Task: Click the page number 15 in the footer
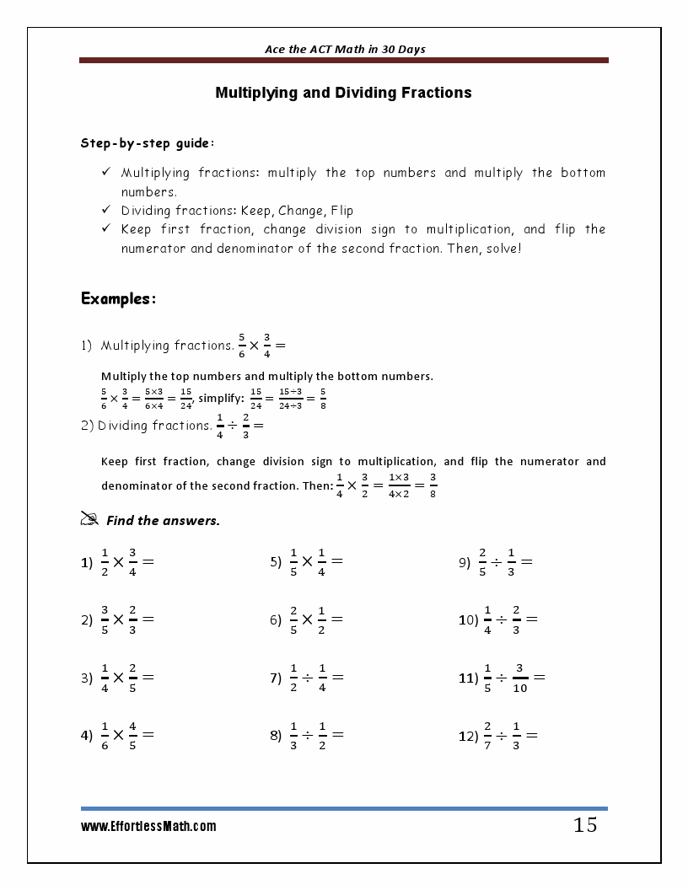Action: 585,825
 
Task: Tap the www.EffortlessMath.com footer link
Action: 148,827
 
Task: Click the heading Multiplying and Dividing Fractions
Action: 343,93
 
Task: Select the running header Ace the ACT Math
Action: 344,49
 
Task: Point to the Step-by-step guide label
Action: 147,143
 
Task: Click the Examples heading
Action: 118,299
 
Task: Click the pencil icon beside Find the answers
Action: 89,520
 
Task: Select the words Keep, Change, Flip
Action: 298,211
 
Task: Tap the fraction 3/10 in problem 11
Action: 520,677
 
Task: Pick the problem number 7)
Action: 276,678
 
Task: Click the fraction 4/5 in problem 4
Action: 133,735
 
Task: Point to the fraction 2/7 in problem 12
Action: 487,735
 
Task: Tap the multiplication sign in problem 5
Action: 307,561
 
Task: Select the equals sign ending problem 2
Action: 148,619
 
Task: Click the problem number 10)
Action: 468,619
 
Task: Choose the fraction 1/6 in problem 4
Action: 105,735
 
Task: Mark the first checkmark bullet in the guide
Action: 106,172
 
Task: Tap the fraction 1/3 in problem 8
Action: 293,735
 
